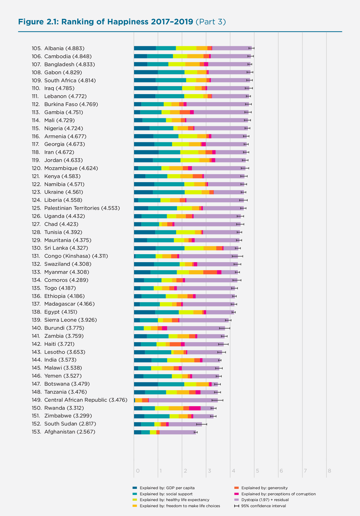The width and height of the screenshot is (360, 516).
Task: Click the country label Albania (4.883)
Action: click(64, 48)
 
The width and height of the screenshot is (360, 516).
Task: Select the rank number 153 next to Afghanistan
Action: click(37, 432)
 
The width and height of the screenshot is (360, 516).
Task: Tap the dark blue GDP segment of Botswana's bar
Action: click(146, 384)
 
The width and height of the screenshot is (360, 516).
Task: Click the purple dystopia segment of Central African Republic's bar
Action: click(183, 400)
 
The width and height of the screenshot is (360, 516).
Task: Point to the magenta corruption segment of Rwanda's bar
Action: click(195, 408)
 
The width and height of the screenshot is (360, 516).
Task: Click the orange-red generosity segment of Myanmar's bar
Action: click(210, 272)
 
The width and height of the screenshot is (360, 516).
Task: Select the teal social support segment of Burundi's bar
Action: click(139, 328)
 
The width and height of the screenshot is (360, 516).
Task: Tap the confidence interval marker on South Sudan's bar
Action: click(202, 424)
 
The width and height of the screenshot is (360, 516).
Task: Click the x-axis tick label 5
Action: click(257, 471)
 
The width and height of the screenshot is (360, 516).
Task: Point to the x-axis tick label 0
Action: click(138, 471)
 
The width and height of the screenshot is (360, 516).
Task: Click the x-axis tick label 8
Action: click(329, 471)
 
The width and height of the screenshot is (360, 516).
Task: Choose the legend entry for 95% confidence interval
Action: click(263, 506)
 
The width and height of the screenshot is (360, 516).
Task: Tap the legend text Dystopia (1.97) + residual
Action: click(265, 500)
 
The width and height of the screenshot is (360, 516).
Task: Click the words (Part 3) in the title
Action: click(211, 22)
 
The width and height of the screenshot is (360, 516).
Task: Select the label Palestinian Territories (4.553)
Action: click(82, 208)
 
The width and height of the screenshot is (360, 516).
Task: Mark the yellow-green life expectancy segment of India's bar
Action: click(174, 360)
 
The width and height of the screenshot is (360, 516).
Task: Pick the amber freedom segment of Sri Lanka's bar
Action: click(210, 248)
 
